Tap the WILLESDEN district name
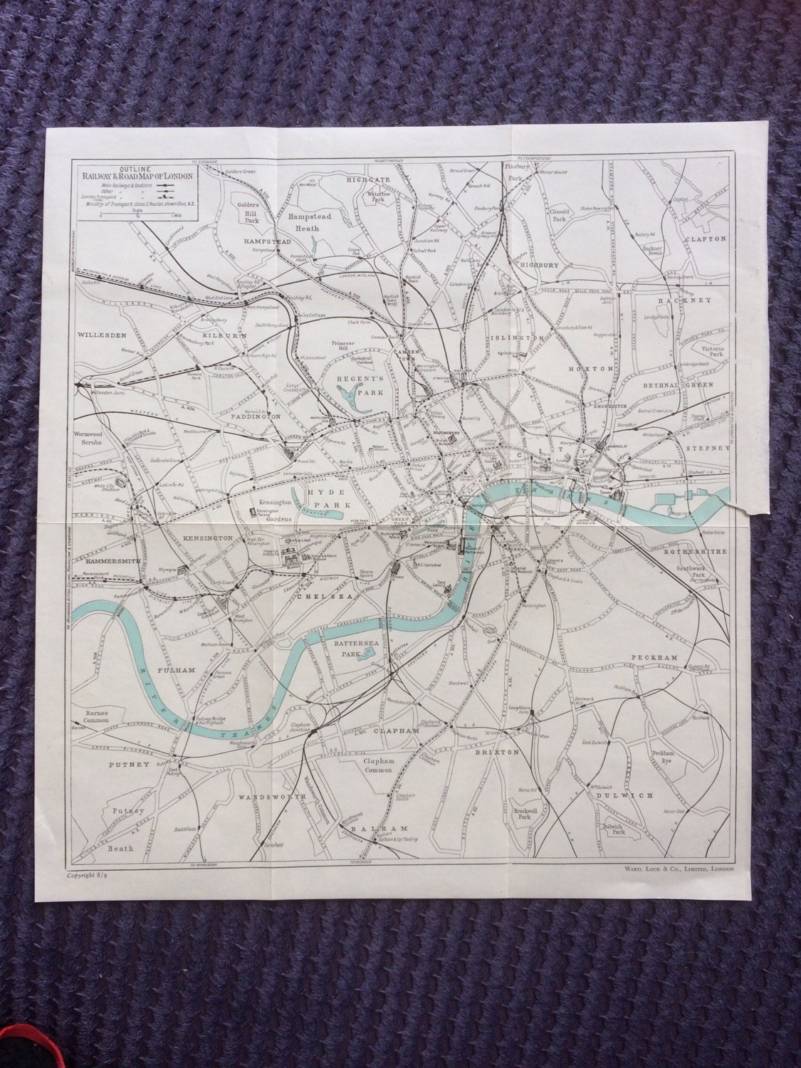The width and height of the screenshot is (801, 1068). click(102, 333)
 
